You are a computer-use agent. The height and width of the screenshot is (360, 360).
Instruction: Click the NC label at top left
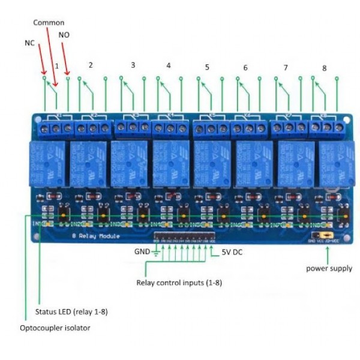(29, 44)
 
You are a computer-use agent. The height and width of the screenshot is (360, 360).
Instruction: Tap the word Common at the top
(49, 22)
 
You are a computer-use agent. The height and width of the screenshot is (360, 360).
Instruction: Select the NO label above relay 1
(64, 35)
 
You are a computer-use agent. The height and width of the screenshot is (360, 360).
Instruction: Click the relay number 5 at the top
(207, 67)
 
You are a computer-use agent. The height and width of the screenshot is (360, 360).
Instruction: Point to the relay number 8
(324, 68)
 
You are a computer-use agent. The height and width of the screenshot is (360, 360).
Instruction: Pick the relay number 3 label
(133, 65)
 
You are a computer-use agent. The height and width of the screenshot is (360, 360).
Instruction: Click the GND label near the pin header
(142, 251)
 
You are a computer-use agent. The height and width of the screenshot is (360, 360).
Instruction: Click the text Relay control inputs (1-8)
(179, 283)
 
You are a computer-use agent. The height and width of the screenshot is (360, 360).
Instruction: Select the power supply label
(329, 268)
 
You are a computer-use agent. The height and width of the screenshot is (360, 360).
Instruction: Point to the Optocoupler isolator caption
(55, 328)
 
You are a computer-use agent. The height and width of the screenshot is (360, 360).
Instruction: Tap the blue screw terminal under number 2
(92, 128)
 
